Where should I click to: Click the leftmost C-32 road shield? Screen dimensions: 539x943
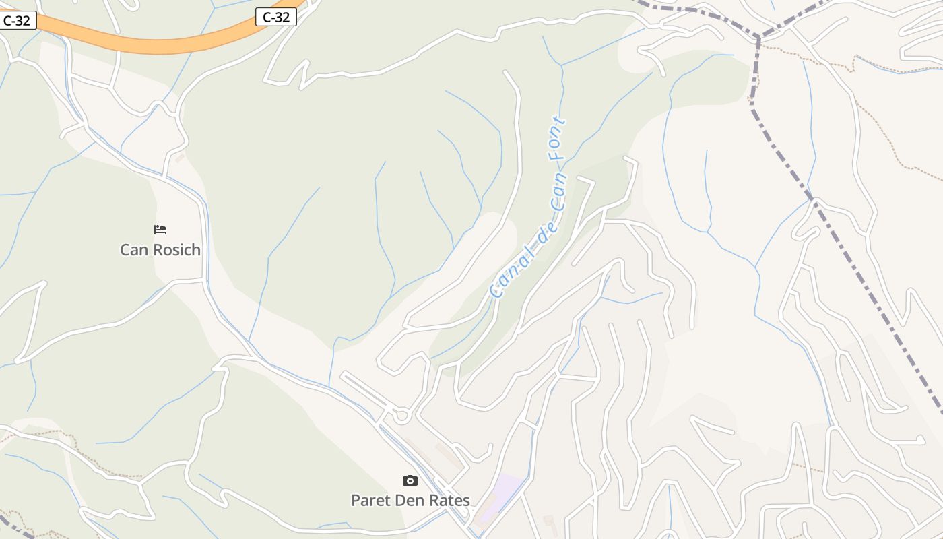click(16, 20)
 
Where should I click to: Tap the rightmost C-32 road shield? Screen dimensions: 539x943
click(276, 18)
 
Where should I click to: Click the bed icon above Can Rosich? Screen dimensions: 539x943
click(160, 230)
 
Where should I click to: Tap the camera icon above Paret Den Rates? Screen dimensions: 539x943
click(410, 480)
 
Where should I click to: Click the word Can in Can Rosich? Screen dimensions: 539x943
click(133, 250)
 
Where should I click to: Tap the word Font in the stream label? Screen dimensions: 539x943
click(557, 138)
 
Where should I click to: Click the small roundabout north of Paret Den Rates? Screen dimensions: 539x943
click(402, 416)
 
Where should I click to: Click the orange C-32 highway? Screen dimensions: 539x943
click(155, 46)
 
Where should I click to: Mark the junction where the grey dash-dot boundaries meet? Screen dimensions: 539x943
click(759, 36)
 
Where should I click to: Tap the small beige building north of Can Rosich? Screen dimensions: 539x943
click(180, 158)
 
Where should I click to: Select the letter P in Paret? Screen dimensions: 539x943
click(356, 501)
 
